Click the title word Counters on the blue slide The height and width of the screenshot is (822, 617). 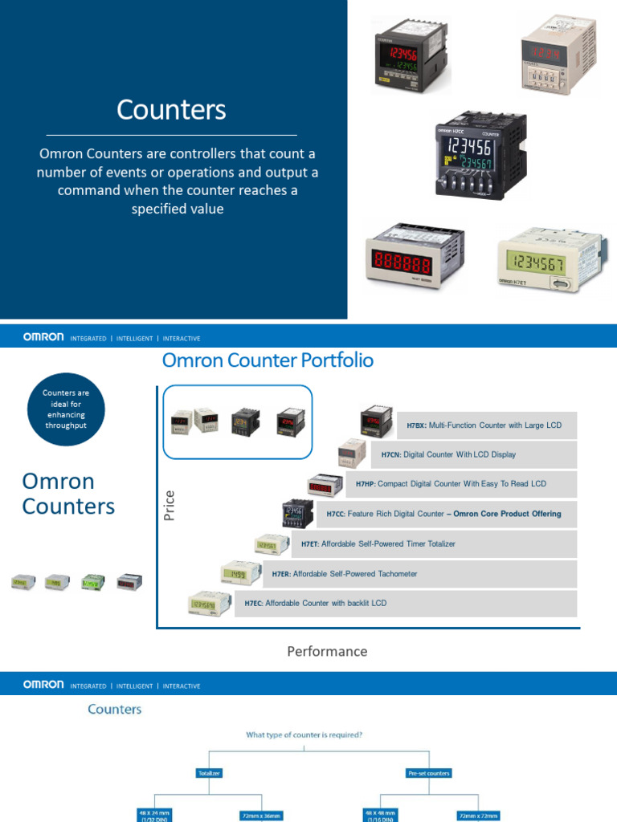click(x=171, y=110)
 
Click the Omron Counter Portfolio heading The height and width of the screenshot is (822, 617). click(x=268, y=360)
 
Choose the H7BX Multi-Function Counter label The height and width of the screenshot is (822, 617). click(x=484, y=425)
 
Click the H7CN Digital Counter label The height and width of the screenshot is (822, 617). click(x=448, y=454)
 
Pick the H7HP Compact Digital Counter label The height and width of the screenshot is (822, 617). click(x=451, y=484)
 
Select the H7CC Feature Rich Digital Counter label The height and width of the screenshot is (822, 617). click(x=443, y=514)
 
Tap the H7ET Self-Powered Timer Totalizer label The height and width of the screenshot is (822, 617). click(x=378, y=543)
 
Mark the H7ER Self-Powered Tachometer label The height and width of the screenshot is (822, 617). click(x=345, y=574)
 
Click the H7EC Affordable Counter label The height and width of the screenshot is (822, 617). click(x=315, y=603)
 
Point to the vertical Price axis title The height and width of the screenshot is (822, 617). click(x=170, y=505)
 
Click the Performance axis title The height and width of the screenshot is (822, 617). click(x=327, y=651)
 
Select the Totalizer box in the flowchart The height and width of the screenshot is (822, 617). click(x=209, y=773)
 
